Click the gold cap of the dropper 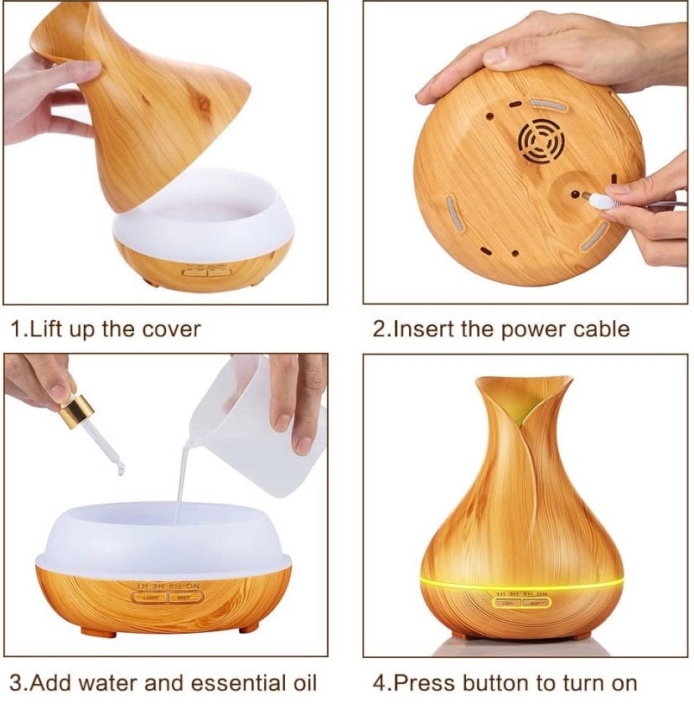pos(78,413)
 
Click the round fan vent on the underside pos(538,144)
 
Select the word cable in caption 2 pos(601,328)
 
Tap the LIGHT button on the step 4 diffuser pos(506,603)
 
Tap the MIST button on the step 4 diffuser pos(532,603)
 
